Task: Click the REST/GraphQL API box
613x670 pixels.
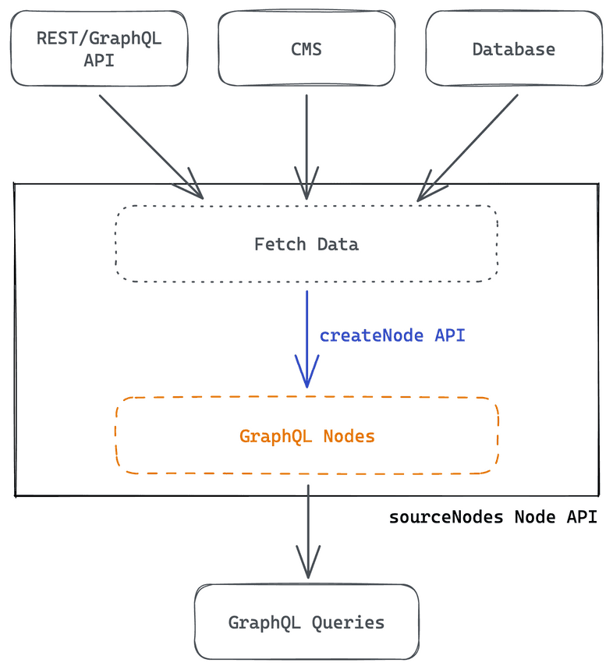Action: tap(99, 48)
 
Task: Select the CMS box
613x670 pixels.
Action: tap(306, 48)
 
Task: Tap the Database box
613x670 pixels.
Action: tap(513, 48)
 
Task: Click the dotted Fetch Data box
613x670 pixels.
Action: tap(306, 243)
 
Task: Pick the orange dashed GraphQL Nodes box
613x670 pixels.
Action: tap(306, 435)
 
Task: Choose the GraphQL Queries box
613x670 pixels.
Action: tap(306, 622)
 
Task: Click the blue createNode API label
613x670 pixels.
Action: tap(392, 335)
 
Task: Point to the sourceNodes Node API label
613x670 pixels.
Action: tap(493, 517)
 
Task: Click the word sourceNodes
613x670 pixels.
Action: tap(446, 517)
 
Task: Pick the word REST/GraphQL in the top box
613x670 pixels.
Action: tap(99, 38)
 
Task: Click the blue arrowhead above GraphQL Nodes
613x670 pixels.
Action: tap(306, 373)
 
